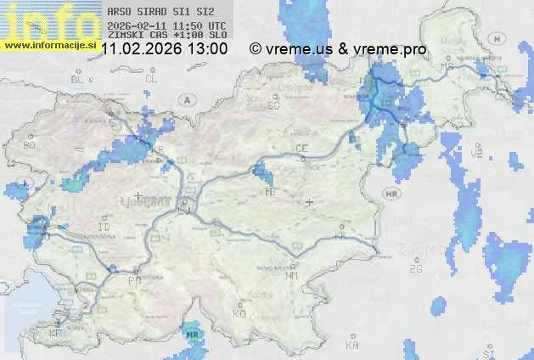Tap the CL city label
[x=152, y=79]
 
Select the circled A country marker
[x=186, y=99]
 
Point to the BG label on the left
[x=30, y=145]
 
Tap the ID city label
[x=104, y=228]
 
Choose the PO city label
[x=134, y=279]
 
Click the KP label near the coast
[x=56, y=334]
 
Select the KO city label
[x=239, y=313]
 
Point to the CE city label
[x=301, y=149]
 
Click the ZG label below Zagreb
[x=415, y=268]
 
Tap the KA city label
[x=352, y=346]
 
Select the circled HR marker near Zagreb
[x=392, y=194]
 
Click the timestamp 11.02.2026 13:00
[x=164, y=49]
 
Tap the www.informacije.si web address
[x=49, y=44]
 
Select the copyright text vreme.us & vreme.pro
[x=338, y=49]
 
